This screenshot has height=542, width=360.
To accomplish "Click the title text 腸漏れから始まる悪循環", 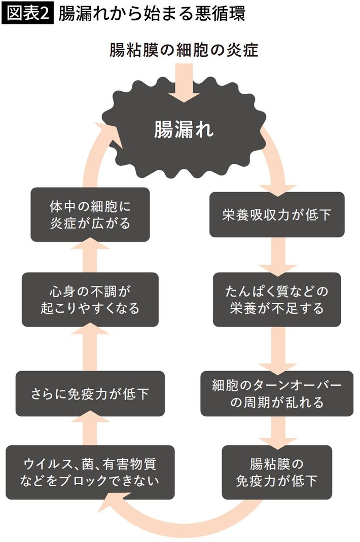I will [x=152, y=14].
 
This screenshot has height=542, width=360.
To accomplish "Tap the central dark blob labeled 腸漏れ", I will [x=184, y=131].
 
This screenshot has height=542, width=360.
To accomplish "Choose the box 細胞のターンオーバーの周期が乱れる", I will [x=277, y=394].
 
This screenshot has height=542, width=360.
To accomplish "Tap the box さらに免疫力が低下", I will [x=91, y=394].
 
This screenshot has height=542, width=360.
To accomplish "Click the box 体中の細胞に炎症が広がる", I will [x=90, y=214].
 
